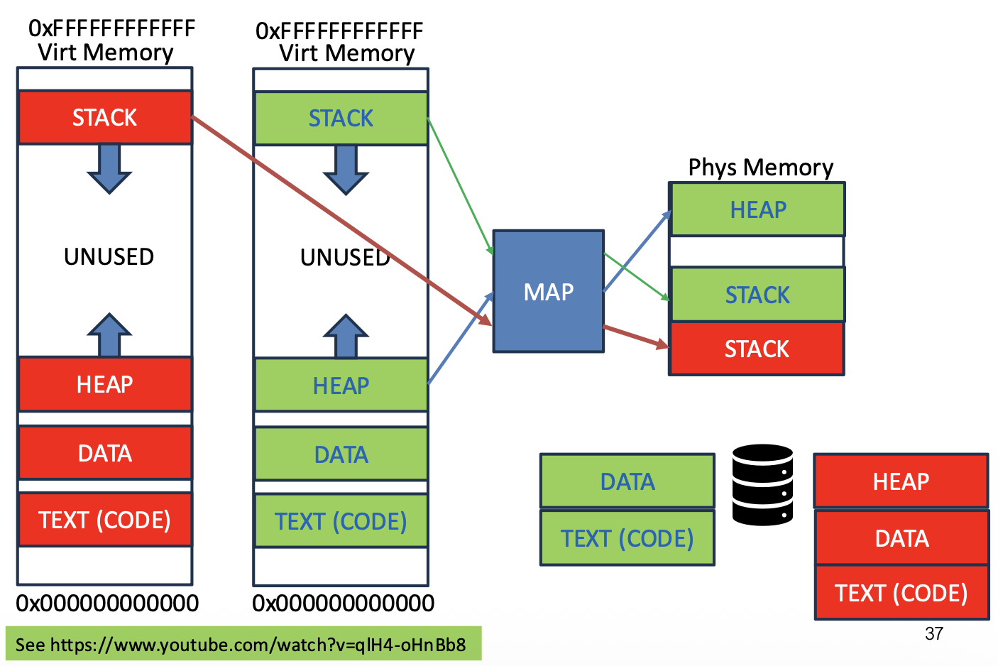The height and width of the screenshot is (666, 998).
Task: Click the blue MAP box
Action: [x=548, y=291]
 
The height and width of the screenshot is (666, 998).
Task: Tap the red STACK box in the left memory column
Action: [x=105, y=117]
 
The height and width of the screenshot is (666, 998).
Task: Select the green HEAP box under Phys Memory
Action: [x=757, y=209]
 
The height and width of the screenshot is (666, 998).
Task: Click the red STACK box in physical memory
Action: [x=757, y=349]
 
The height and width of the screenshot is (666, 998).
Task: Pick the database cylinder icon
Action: [x=762, y=485]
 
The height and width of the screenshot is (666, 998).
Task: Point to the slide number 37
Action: [x=934, y=633]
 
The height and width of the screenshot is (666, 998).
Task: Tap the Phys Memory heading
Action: [x=760, y=168]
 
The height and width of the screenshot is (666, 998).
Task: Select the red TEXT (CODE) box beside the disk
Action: [x=901, y=593]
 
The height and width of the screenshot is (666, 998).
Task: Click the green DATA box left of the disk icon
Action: [x=627, y=481]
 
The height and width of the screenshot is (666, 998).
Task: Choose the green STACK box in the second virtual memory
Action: [x=341, y=118]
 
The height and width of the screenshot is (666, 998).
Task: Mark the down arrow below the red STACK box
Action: [x=109, y=169]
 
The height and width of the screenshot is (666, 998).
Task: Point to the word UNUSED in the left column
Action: [x=109, y=256]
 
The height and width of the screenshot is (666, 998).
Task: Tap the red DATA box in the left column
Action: [x=105, y=453]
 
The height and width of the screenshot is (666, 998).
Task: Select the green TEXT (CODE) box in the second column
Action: [x=341, y=522]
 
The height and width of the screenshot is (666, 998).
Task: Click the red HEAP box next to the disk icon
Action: [x=901, y=481]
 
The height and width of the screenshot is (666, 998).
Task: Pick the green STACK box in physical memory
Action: [x=757, y=295]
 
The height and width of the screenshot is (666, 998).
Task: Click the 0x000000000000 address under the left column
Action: [x=107, y=604]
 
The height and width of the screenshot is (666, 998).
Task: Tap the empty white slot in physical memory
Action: [x=757, y=251]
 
